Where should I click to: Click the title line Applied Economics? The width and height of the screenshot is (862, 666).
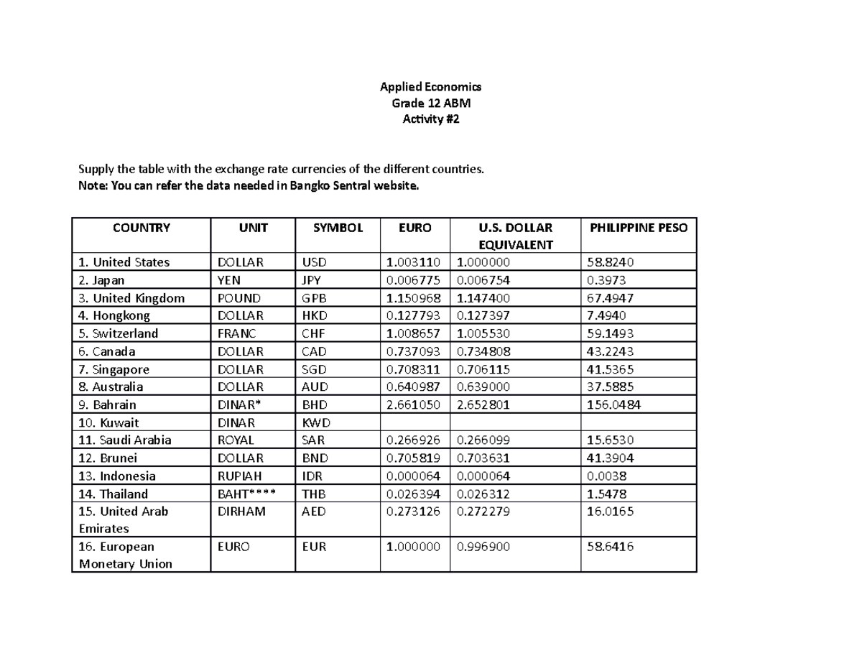(x=430, y=87)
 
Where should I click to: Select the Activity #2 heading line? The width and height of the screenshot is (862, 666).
(x=430, y=120)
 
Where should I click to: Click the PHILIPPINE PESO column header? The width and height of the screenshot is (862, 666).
(x=638, y=228)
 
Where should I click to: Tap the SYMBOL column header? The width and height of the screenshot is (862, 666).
(x=337, y=228)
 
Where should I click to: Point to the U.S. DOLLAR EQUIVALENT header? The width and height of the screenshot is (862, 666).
(x=515, y=236)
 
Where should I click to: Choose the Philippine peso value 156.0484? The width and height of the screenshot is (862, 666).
(x=614, y=404)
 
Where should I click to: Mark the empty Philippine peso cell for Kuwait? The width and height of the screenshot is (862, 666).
(x=638, y=422)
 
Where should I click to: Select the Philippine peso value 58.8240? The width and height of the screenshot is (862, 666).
(x=611, y=262)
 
